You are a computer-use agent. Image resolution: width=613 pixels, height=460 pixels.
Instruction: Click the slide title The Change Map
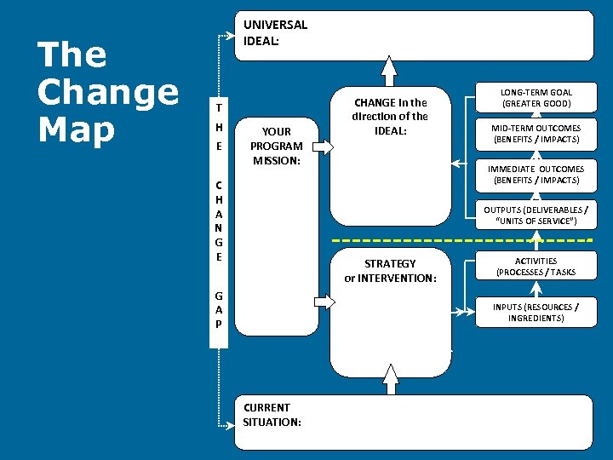click(x=108, y=92)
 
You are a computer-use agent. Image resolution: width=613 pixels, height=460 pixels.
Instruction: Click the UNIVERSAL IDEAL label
click(x=275, y=32)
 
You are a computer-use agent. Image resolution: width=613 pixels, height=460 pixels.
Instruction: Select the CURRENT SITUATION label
click(x=272, y=414)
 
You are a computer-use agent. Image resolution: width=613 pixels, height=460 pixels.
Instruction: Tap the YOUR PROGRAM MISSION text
click(x=276, y=146)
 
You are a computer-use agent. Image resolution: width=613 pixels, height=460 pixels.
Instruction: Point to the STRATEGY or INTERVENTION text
click(x=390, y=270)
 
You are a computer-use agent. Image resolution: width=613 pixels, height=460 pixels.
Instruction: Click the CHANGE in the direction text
click(x=391, y=116)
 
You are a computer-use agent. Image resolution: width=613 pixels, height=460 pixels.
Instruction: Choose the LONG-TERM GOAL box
click(x=536, y=98)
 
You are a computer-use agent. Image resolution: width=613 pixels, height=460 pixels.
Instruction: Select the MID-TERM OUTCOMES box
click(x=536, y=134)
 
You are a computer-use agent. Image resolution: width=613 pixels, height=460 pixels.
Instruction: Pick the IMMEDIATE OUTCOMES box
click(x=536, y=175)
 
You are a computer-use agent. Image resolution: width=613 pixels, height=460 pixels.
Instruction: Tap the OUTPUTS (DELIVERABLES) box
click(x=536, y=216)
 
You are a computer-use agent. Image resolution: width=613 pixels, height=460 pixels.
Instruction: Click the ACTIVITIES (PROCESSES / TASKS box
click(x=536, y=267)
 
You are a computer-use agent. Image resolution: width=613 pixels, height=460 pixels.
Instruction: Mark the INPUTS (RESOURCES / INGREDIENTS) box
click(x=536, y=312)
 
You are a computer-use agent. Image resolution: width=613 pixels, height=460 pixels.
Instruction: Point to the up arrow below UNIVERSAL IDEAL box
click(x=389, y=70)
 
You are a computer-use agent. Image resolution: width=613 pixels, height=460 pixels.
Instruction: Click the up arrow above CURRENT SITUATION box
click(x=391, y=383)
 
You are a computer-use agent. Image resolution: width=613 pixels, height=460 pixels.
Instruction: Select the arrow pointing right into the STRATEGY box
click(x=324, y=301)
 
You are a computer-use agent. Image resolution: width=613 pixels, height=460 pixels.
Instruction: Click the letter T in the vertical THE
click(x=219, y=109)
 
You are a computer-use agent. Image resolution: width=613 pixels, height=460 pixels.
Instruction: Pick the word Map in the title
click(x=77, y=129)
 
